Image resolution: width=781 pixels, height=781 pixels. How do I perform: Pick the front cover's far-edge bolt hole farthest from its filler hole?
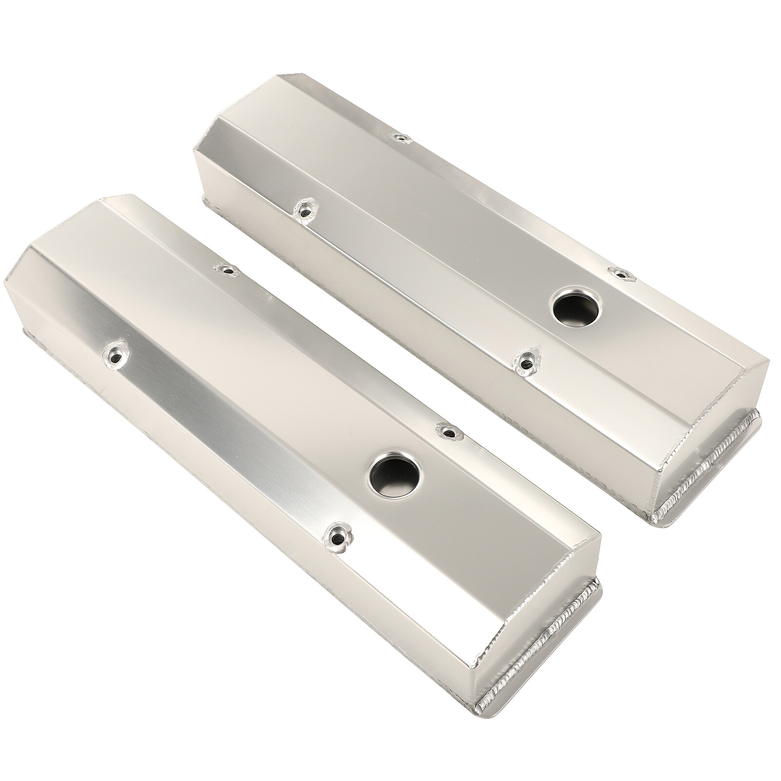point(227,269)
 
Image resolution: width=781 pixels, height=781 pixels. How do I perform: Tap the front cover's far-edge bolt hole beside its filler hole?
point(445,430)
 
